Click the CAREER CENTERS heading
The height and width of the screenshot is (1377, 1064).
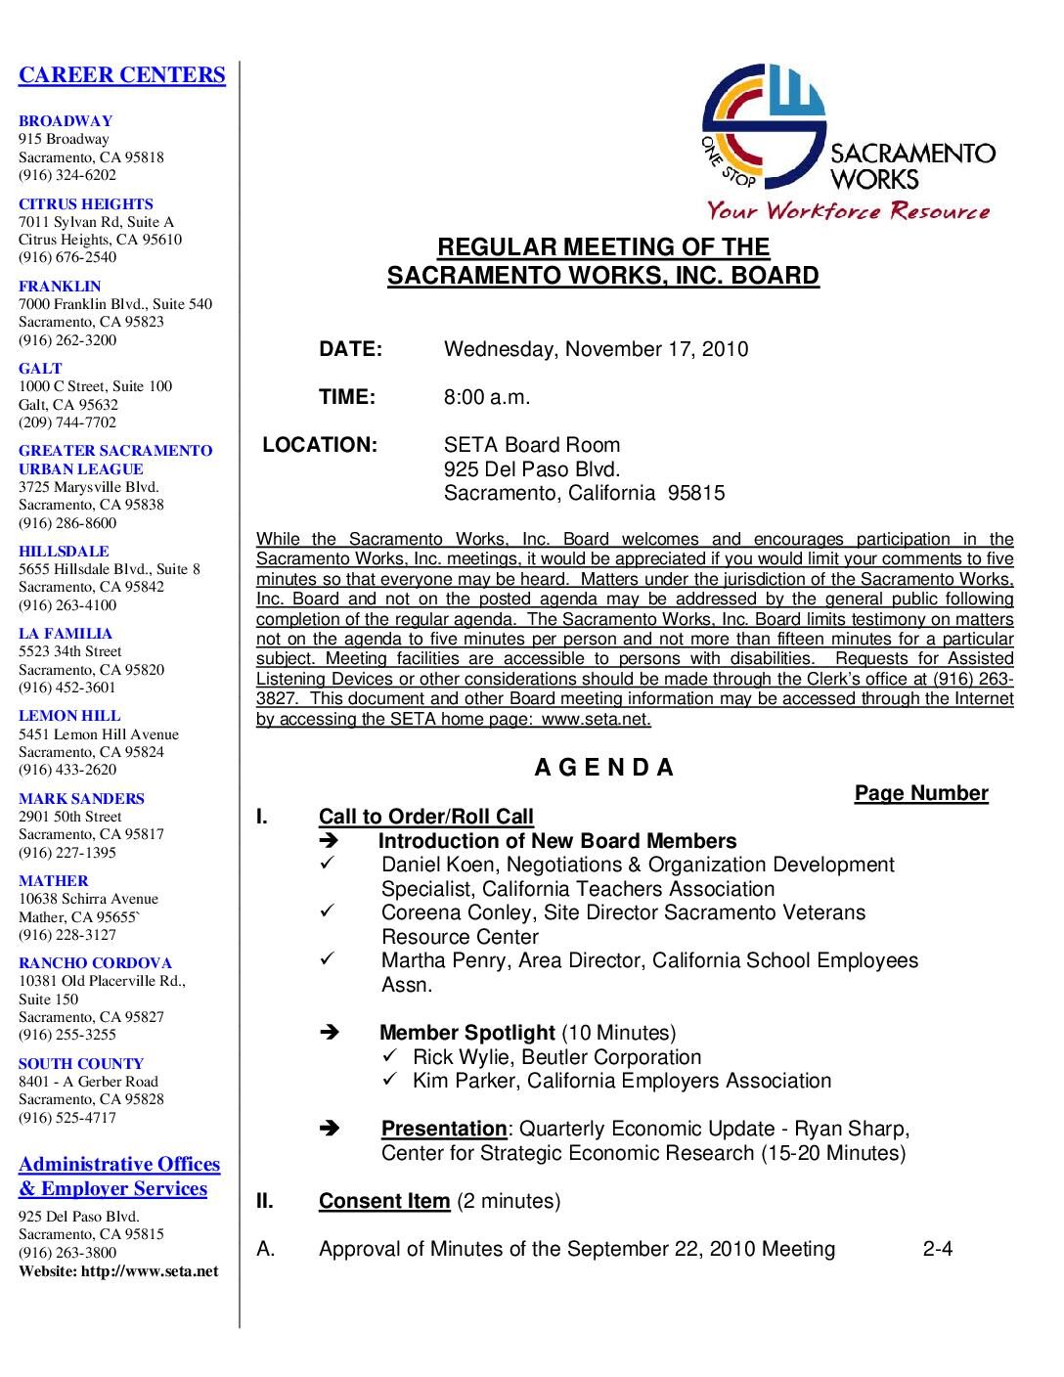tap(122, 75)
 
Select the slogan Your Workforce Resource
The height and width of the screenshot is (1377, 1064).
tap(847, 211)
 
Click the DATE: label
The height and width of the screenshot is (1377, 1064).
tap(350, 349)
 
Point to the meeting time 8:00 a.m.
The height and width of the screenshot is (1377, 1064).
tap(487, 397)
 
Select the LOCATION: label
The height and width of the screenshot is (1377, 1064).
tap(320, 445)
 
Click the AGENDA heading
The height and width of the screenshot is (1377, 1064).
tap(604, 768)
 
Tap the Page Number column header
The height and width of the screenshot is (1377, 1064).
tap(921, 793)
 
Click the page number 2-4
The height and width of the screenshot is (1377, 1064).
tap(937, 1249)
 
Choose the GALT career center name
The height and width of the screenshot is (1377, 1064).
tap(40, 369)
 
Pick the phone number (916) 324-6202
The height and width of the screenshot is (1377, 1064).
tap(67, 175)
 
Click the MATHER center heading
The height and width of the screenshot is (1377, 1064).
tap(54, 881)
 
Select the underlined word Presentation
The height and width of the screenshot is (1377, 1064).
tap(444, 1129)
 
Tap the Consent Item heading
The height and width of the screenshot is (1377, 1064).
tap(384, 1201)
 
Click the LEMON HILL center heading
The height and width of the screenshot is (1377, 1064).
tap(69, 716)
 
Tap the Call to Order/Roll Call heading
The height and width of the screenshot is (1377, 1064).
tap(426, 817)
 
